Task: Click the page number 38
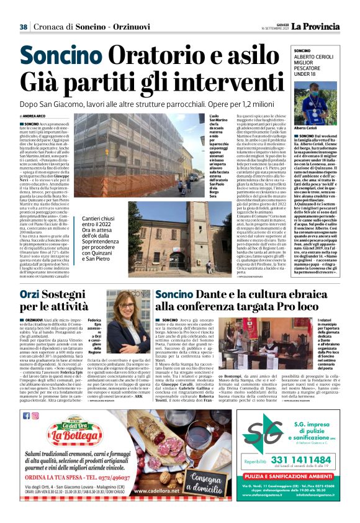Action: point(23,27)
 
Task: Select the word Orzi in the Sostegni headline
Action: point(34,293)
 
